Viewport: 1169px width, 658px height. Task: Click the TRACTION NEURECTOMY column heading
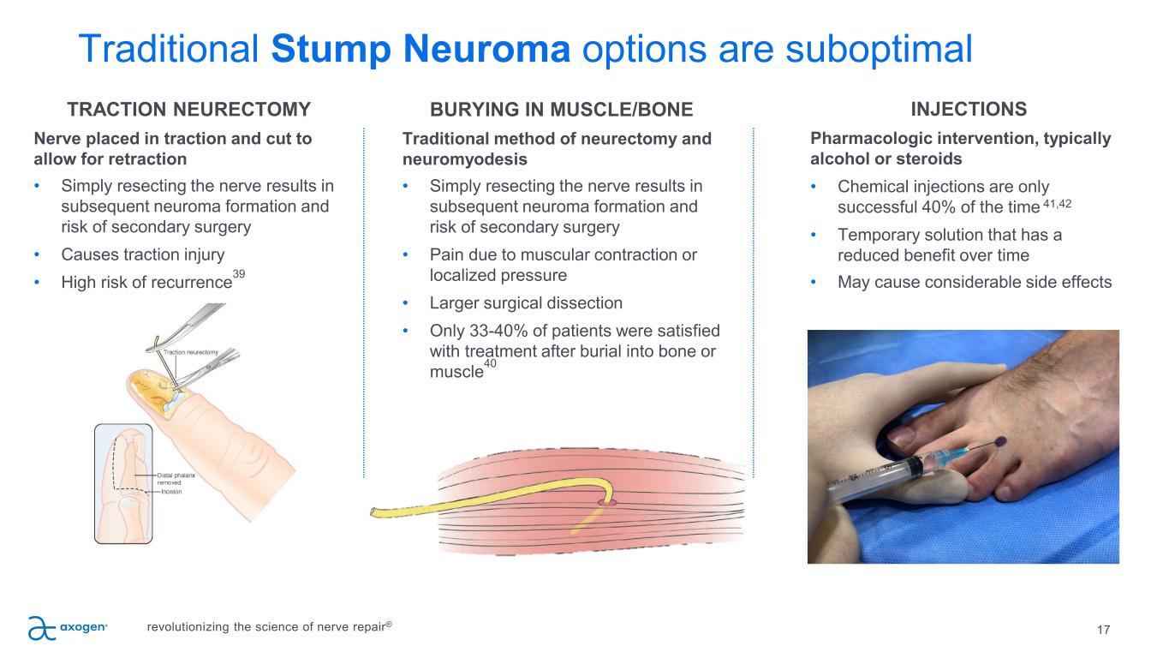click(x=188, y=110)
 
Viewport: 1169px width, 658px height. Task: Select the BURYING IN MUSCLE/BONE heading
click(x=561, y=110)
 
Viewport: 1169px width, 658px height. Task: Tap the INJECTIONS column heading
click(x=969, y=110)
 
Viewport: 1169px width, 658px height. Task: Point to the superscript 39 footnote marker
click(x=239, y=272)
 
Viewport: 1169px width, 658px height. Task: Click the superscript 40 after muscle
click(x=490, y=364)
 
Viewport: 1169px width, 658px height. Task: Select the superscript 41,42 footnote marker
click(x=1059, y=203)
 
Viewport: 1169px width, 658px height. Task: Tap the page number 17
click(x=1103, y=631)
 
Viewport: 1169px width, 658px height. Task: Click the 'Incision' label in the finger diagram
click(x=171, y=492)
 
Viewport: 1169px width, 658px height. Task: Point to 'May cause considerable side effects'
click(x=975, y=282)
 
